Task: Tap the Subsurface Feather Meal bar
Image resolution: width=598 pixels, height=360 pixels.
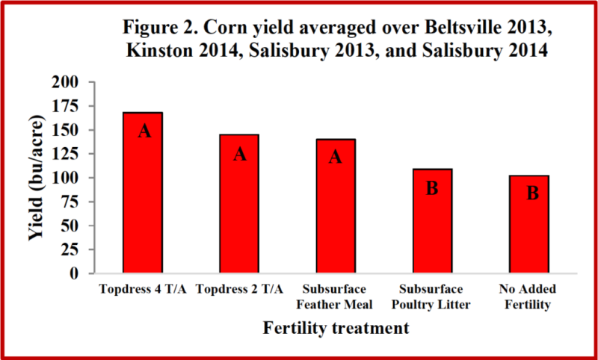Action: [335, 205]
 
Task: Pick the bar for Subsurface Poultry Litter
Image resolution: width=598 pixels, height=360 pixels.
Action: [431, 220]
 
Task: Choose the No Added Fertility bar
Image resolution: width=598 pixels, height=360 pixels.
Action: [531, 224]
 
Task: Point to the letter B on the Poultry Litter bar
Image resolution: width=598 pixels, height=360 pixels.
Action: [431, 189]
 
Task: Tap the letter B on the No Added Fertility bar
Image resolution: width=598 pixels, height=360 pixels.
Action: [532, 193]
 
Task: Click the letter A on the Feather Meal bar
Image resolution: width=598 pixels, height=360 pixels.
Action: [335, 157]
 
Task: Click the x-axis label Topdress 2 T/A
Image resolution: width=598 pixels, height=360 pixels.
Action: [240, 289]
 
